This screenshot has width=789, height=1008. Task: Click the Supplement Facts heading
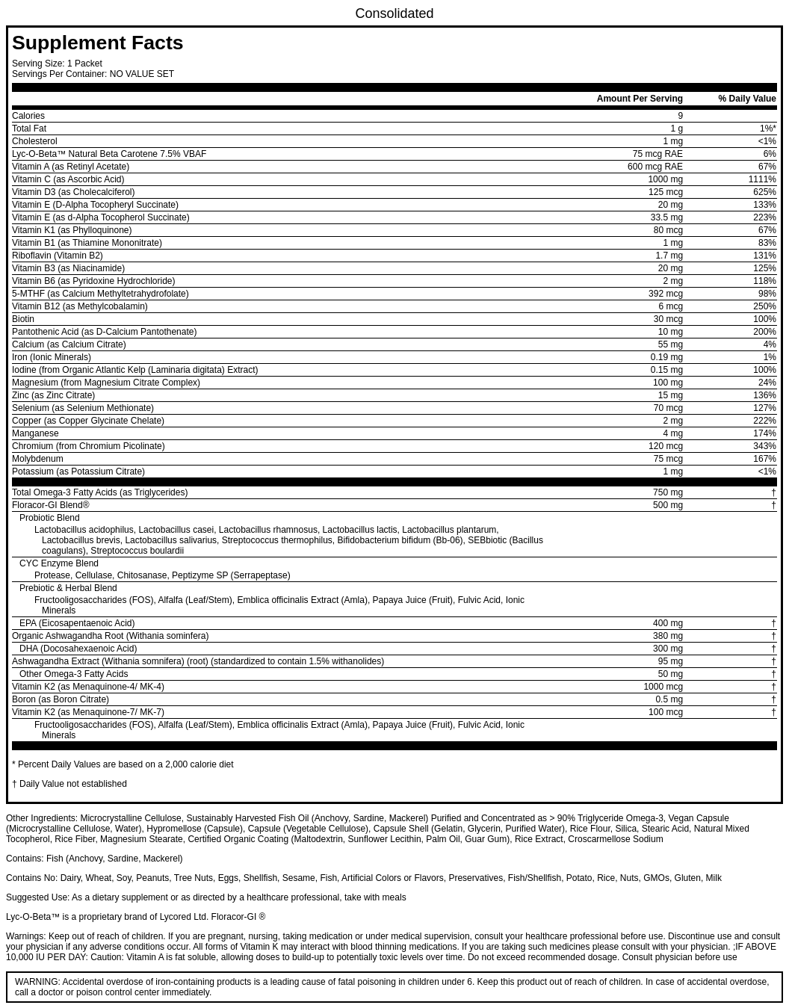pyautogui.click(x=97, y=43)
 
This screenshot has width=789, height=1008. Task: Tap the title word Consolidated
pyautogui.click(x=394, y=13)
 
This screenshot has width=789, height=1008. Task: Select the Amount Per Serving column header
pyautogui.click(x=639, y=99)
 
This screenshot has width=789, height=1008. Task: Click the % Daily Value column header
pyautogui.click(x=746, y=99)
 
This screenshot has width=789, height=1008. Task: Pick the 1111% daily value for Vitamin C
pyautogui.click(x=761, y=179)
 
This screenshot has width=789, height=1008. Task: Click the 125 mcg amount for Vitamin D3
pyautogui.click(x=665, y=192)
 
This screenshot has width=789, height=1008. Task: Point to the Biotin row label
pyautogui.click(x=23, y=319)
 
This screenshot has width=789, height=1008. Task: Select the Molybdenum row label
pyautogui.click(x=37, y=459)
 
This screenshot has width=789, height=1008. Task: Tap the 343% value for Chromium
pyautogui.click(x=764, y=446)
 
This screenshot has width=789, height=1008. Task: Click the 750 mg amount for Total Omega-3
pyautogui.click(x=667, y=492)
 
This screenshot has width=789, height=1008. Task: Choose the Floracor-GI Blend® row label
pyautogui.click(x=50, y=505)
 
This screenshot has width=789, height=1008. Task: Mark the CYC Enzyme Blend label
pyautogui.click(x=59, y=563)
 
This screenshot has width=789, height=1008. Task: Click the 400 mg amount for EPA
pyautogui.click(x=667, y=623)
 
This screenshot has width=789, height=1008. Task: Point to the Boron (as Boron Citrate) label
pyautogui.click(x=61, y=699)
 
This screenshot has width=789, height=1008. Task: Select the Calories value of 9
pyautogui.click(x=680, y=116)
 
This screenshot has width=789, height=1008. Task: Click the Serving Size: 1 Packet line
pyautogui.click(x=57, y=64)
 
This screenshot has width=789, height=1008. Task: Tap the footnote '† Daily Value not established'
pyautogui.click(x=69, y=784)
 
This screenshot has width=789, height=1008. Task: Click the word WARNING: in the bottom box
pyautogui.click(x=37, y=982)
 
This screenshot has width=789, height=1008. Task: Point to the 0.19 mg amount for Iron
pyautogui.click(x=666, y=357)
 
